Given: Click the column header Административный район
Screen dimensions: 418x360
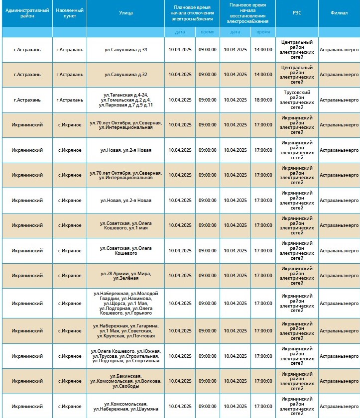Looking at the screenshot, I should point(27,13).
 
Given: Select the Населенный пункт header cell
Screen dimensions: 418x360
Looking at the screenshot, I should point(70,13).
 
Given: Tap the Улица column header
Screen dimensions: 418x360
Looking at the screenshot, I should point(126,13).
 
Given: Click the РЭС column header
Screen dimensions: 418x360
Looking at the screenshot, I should point(297,13).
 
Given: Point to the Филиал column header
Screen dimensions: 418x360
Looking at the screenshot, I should point(339,13).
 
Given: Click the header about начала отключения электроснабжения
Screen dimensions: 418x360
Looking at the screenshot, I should point(192,13).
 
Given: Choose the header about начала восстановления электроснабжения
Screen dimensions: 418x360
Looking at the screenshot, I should point(247,13).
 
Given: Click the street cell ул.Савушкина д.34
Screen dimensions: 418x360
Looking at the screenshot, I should point(126,50).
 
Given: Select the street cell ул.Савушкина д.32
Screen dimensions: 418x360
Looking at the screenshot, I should point(126,75).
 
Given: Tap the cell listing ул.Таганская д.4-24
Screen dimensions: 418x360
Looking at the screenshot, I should point(126,100).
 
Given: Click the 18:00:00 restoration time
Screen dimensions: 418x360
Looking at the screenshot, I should point(263,100).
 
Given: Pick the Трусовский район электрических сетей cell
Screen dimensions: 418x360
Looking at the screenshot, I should point(297,100).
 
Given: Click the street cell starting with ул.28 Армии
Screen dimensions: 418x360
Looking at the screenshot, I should point(126,276).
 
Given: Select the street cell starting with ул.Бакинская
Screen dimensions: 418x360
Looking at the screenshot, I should point(126,381).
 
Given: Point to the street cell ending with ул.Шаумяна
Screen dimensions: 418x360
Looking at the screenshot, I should point(126,406).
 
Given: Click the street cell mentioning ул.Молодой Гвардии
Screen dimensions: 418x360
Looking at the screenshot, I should point(126,303).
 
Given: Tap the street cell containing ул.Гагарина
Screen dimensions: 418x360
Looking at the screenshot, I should point(126,331).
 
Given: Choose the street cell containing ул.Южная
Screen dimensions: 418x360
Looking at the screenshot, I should point(126,356).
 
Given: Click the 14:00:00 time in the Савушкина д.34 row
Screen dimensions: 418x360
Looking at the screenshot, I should point(263,50).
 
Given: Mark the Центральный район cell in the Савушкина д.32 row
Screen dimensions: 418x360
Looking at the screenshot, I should point(297,75).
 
